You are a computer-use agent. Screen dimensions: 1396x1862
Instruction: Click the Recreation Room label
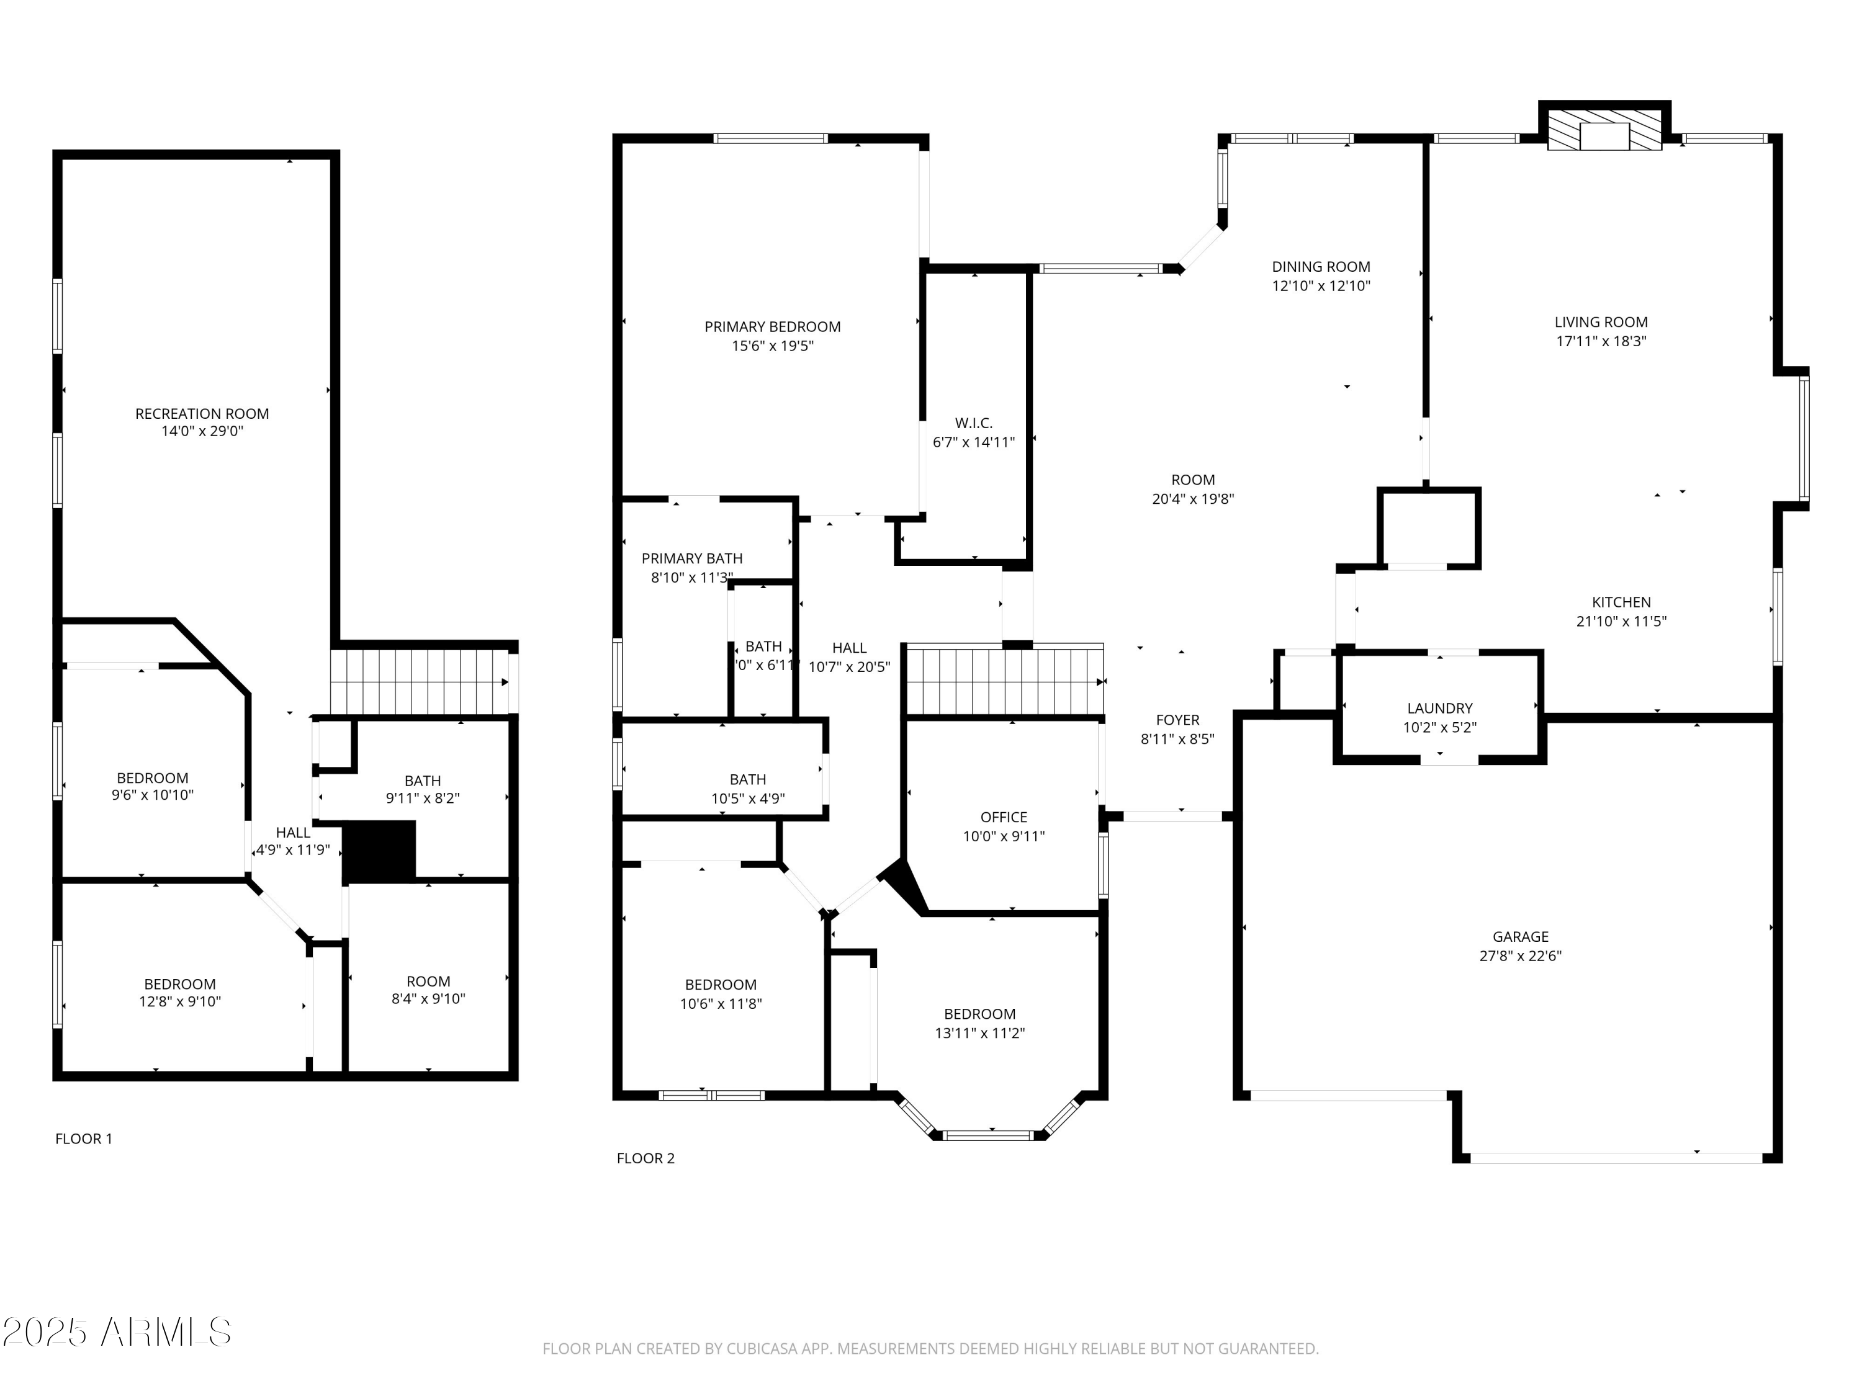pyautogui.click(x=202, y=413)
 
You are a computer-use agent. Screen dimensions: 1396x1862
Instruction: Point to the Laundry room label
pyautogui.click(x=1439, y=709)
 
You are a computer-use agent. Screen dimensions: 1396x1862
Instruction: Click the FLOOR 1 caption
pyautogui.click(x=83, y=1139)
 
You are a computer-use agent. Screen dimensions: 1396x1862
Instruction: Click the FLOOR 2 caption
pyautogui.click(x=645, y=1158)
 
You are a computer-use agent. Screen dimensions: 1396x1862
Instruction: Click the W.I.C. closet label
pyautogui.click(x=974, y=423)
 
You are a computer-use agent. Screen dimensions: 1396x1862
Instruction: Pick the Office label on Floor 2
pyautogui.click(x=1004, y=817)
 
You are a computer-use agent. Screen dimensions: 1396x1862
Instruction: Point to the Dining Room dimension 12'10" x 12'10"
pyautogui.click(x=1321, y=286)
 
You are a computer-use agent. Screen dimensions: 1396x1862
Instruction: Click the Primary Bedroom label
pyautogui.click(x=772, y=326)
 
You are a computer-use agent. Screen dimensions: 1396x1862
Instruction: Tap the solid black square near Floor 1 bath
pyautogui.click(x=380, y=851)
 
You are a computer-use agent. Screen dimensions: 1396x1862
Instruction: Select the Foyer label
pyautogui.click(x=1177, y=720)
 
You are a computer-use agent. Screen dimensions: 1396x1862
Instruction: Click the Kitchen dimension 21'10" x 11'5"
pyautogui.click(x=1621, y=622)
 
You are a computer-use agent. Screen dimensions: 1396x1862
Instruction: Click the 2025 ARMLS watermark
pyautogui.click(x=116, y=1332)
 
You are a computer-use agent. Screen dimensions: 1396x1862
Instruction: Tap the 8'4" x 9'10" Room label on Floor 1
pyautogui.click(x=428, y=981)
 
